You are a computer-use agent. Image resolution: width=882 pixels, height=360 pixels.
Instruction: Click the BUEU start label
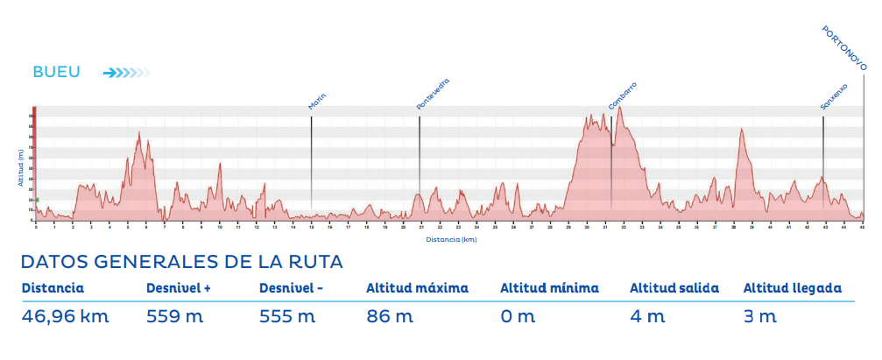[56, 73]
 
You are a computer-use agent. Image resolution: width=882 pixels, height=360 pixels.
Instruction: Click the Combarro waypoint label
[622, 96]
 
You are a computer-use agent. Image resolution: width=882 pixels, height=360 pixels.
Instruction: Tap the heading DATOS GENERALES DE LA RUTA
[181, 262]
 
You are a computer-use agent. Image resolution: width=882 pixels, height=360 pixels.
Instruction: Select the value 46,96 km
[66, 316]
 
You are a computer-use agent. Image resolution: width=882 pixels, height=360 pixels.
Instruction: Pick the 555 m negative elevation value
[285, 316]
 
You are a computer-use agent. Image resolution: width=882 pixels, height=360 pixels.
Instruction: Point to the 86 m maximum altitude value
[390, 316]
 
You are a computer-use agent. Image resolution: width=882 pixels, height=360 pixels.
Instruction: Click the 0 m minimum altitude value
[518, 316]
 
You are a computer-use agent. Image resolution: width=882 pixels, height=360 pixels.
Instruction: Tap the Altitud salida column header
[674, 287]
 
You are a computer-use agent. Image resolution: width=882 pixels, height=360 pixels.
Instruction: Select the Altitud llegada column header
[793, 287]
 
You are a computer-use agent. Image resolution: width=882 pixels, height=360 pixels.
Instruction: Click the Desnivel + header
[179, 287]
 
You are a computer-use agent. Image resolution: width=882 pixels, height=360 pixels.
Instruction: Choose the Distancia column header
[53, 287]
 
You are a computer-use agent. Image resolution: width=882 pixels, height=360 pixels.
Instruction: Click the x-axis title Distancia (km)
[451, 238]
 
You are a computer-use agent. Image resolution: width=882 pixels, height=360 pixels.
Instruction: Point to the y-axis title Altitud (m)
[19, 166]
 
